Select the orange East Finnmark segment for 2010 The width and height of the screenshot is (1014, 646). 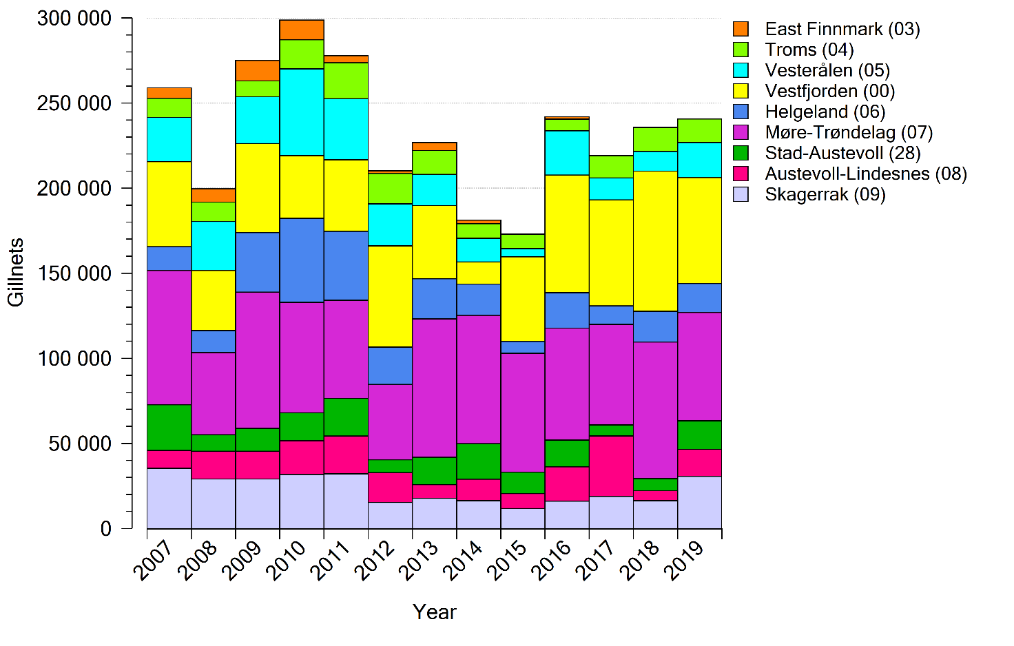pos(302,30)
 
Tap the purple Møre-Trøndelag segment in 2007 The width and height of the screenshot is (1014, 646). pos(169,337)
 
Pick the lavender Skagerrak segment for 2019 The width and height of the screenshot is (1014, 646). pos(699,502)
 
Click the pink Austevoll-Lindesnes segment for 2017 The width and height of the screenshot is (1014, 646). pos(611,466)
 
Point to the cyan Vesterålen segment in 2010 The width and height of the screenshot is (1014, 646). pos(302,112)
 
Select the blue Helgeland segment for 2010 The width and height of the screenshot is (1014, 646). pos(302,260)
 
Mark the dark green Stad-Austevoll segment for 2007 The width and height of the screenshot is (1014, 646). pos(169,428)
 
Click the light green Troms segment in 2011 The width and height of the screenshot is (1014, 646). pos(346,81)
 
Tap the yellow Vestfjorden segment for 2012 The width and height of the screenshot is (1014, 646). pos(390,296)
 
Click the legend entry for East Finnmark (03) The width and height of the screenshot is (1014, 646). pos(842,29)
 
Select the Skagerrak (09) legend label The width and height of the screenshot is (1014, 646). pos(825,194)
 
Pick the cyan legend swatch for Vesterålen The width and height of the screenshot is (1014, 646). pos(741,70)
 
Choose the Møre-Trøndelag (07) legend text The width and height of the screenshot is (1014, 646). pos(849,132)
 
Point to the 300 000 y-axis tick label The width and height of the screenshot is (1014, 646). pos(74,19)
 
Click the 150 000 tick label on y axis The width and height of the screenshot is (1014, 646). pos(74,273)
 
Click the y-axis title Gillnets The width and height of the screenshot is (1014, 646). pos(16,273)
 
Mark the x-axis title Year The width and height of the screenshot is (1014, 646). pos(435,612)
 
